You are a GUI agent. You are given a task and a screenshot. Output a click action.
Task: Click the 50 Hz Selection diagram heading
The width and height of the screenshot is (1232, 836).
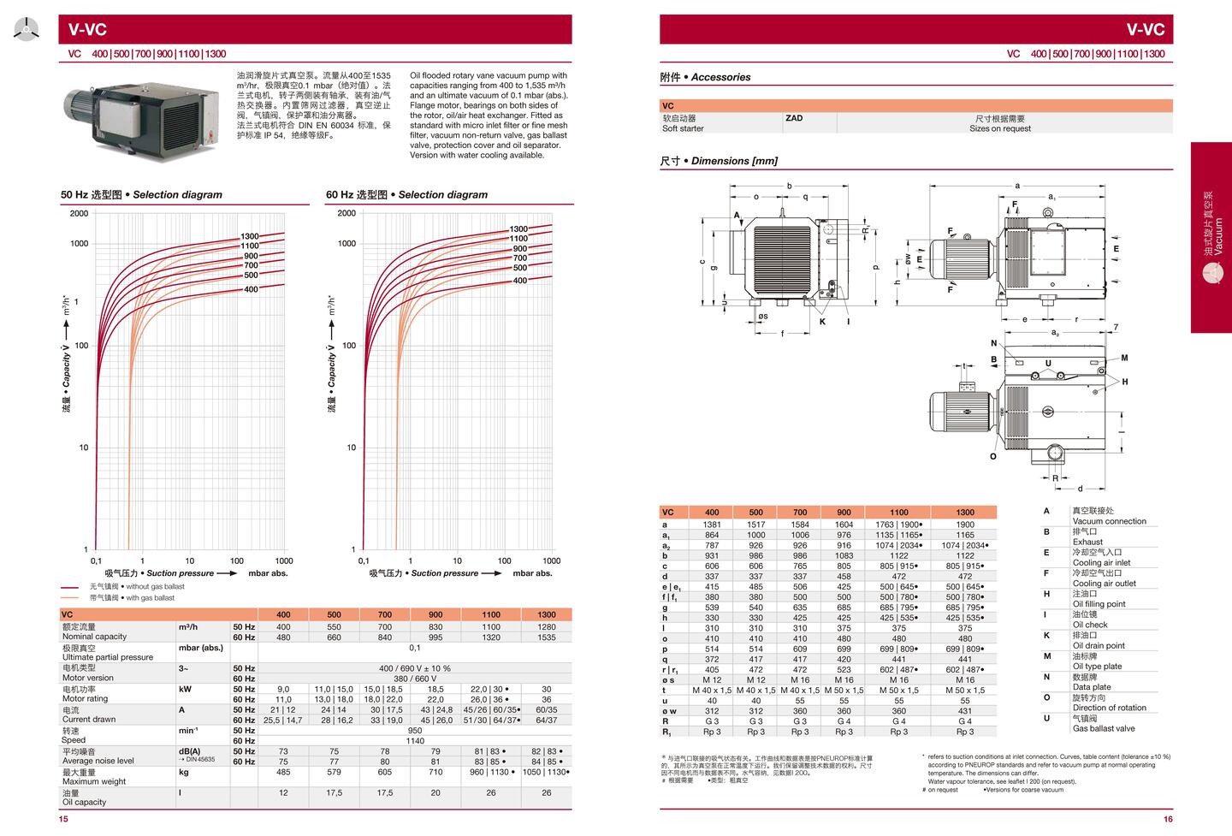[x=141, y=194]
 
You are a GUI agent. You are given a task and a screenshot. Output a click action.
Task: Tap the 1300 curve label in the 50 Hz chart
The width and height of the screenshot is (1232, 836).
[x=249, y=236]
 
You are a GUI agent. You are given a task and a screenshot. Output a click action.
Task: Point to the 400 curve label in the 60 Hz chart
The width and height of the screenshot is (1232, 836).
[x=519, y=281]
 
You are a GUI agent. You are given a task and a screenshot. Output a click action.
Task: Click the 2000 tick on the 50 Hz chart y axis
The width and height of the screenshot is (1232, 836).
[x=79, y=213]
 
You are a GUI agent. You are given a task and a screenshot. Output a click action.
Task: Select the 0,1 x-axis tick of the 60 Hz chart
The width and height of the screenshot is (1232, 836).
[x=363, y=561]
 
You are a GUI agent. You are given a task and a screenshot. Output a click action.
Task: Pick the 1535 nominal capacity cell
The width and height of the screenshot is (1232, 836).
[x=546, y=637]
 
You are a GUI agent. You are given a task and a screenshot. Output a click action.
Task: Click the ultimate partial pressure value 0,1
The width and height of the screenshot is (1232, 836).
[x=414, y=648]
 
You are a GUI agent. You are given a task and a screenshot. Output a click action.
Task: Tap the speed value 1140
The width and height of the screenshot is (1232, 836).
[x=414, y=741]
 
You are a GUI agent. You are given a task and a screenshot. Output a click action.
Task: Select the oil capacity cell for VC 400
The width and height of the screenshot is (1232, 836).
[x=283, y=792]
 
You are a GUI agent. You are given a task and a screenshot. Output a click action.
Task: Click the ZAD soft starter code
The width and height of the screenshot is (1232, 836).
[x=794, y=118]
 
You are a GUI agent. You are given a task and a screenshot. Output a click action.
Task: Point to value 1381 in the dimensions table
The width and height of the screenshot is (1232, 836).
[x=712, y=525]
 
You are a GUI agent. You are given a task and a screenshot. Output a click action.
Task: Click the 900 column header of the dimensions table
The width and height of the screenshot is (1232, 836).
[x=844, y=513]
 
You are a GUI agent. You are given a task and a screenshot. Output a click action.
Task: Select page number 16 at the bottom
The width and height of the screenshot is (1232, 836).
[x=1168, y=819]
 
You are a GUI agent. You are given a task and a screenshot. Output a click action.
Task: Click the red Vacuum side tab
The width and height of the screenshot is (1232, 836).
[x=1211, y=237]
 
